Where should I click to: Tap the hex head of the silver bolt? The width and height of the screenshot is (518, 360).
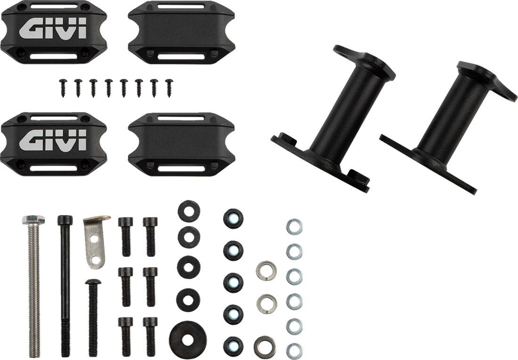[34, 220]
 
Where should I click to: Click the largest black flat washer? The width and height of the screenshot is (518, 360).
[187, 339]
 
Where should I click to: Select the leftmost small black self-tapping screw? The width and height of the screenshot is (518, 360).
[63, 87]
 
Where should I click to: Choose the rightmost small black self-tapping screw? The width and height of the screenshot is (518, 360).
[169, 88]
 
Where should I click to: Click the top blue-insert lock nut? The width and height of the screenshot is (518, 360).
[233, 218]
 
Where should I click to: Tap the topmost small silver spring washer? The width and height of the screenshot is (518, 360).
[294, 227]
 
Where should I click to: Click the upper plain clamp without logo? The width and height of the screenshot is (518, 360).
[181, 32]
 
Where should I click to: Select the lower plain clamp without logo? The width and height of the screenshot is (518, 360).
[181, 144]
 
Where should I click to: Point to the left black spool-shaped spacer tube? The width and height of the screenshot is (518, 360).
[334, 119]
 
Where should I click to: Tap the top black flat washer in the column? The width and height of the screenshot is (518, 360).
[189, 211]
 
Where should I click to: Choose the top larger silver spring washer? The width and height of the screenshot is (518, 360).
[266, 271]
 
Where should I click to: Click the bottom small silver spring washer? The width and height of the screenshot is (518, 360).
[294, 351]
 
